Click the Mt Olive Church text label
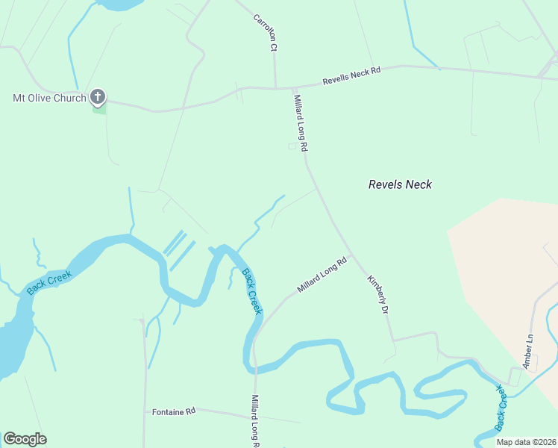point(49,98)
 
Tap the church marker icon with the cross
point(98,96)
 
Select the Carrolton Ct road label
point(265,32)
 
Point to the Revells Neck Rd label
point(351,75)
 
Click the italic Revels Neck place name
point(400,184)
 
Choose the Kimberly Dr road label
point(379,294)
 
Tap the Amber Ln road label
point(529,351)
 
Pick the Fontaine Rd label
point(173,411)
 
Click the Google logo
point(25,439)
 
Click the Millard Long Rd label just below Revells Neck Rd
point(300,124)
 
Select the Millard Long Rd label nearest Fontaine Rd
point(255,420)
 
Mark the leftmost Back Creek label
point(49,283)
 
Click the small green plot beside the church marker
point(98,109)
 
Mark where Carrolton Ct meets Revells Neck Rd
point(275,87)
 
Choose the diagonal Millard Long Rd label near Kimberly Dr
point(322,275)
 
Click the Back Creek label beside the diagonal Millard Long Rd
point(251,292)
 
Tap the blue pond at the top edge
point(119,4)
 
